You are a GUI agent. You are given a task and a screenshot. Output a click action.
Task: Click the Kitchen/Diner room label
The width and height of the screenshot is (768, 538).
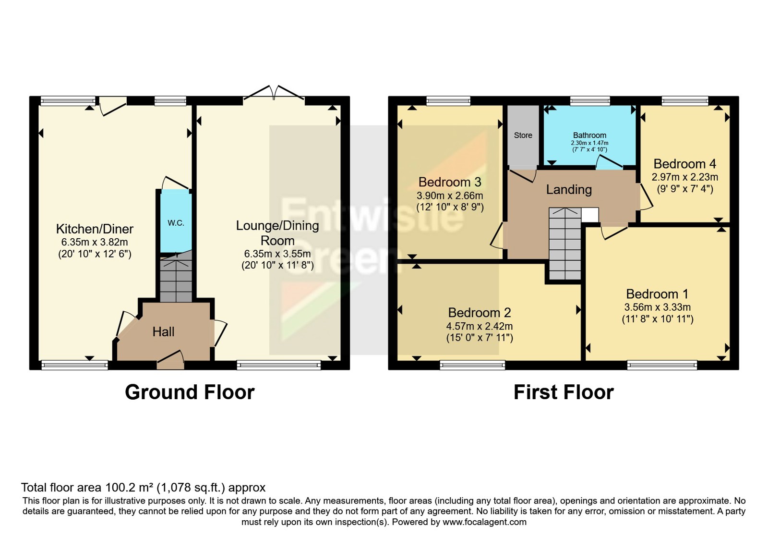(95, 229)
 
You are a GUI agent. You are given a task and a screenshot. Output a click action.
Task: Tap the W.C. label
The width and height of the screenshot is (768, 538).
(176, 223)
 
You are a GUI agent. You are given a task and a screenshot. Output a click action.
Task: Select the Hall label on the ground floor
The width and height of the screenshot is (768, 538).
(163, 332)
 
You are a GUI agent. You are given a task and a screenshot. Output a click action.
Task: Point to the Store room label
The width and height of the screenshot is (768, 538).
(523, 135)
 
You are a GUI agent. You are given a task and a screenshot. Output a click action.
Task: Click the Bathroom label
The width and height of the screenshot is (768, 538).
(590, 135)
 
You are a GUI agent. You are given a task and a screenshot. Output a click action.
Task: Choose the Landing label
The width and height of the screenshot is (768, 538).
(569, 190)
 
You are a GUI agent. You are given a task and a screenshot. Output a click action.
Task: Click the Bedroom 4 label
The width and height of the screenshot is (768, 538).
(684, 164)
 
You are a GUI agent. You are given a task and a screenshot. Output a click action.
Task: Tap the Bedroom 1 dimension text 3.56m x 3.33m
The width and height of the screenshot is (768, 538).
(658, 307)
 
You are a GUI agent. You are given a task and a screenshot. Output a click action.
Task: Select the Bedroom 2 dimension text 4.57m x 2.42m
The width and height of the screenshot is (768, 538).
(480, 326)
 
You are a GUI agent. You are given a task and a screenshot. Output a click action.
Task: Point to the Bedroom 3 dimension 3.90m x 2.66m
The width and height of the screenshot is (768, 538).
(450, 196)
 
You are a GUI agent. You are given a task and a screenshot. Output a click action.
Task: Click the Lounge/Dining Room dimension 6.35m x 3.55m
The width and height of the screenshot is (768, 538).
(277, 254)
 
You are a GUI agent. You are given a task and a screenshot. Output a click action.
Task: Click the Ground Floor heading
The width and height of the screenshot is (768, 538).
(190, 392)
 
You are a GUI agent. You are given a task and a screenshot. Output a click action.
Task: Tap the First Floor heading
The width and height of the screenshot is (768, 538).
(564, 392)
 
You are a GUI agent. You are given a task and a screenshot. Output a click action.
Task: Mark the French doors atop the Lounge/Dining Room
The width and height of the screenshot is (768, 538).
(274, 93)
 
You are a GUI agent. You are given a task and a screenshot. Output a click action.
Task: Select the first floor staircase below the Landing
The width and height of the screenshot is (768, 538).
(565, 244)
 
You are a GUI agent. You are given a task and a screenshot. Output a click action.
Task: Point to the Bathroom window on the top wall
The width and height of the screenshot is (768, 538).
(590, 100)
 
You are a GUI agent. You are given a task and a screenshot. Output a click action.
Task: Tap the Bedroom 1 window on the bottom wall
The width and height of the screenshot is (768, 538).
(662, 365)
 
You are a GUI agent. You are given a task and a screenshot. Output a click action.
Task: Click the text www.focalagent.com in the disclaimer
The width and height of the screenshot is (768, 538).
(484, 522)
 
